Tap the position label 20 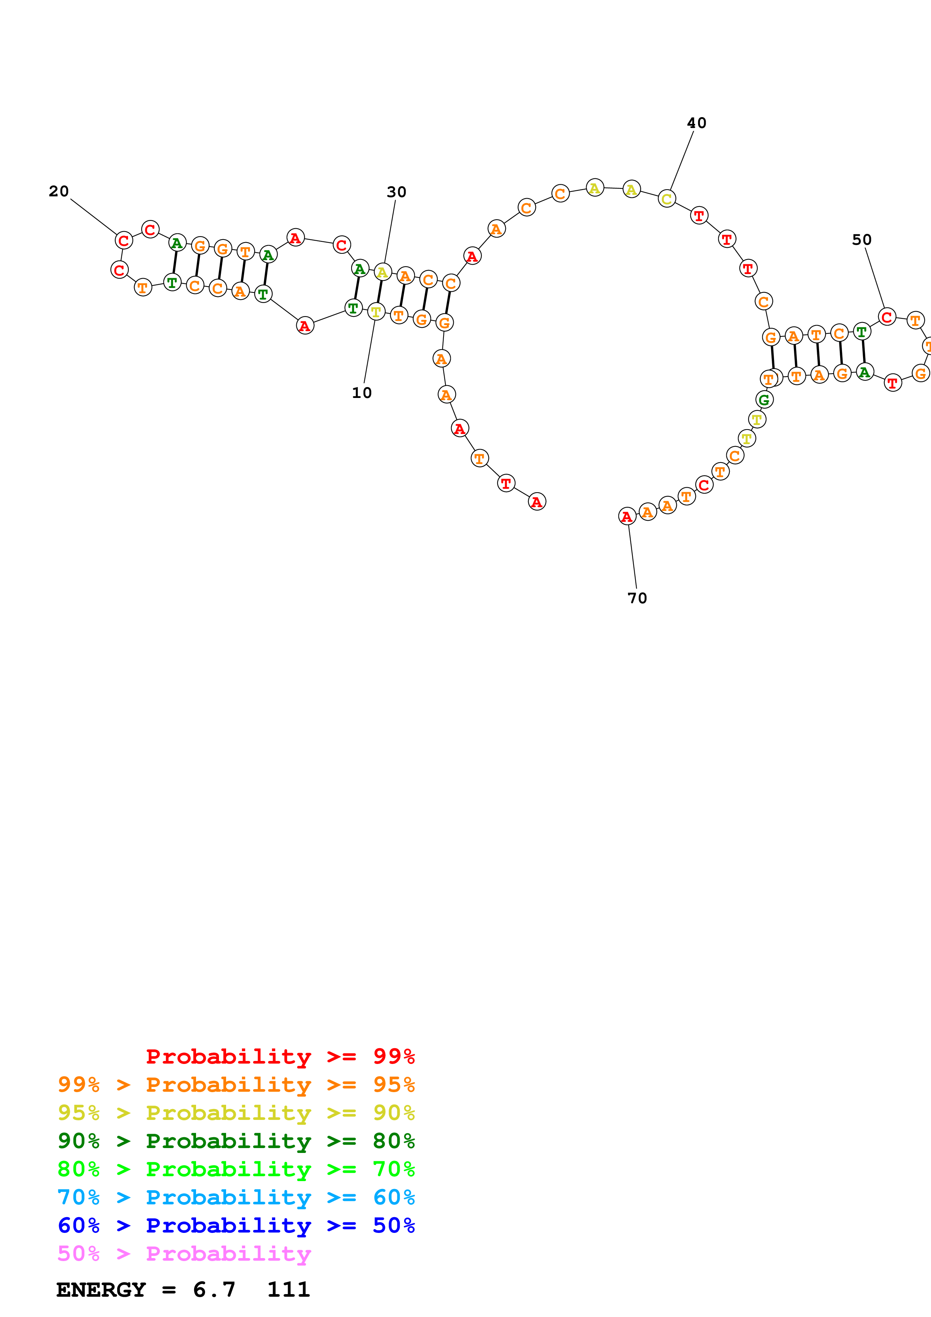pos(59,191)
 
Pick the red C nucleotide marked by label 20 pos(123,240)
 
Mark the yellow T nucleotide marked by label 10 pos(376,312)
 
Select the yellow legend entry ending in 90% pos(236,1112)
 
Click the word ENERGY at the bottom pos(101,1290)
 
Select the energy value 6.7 pos(214,1290)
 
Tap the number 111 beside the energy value pos(288,1290)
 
